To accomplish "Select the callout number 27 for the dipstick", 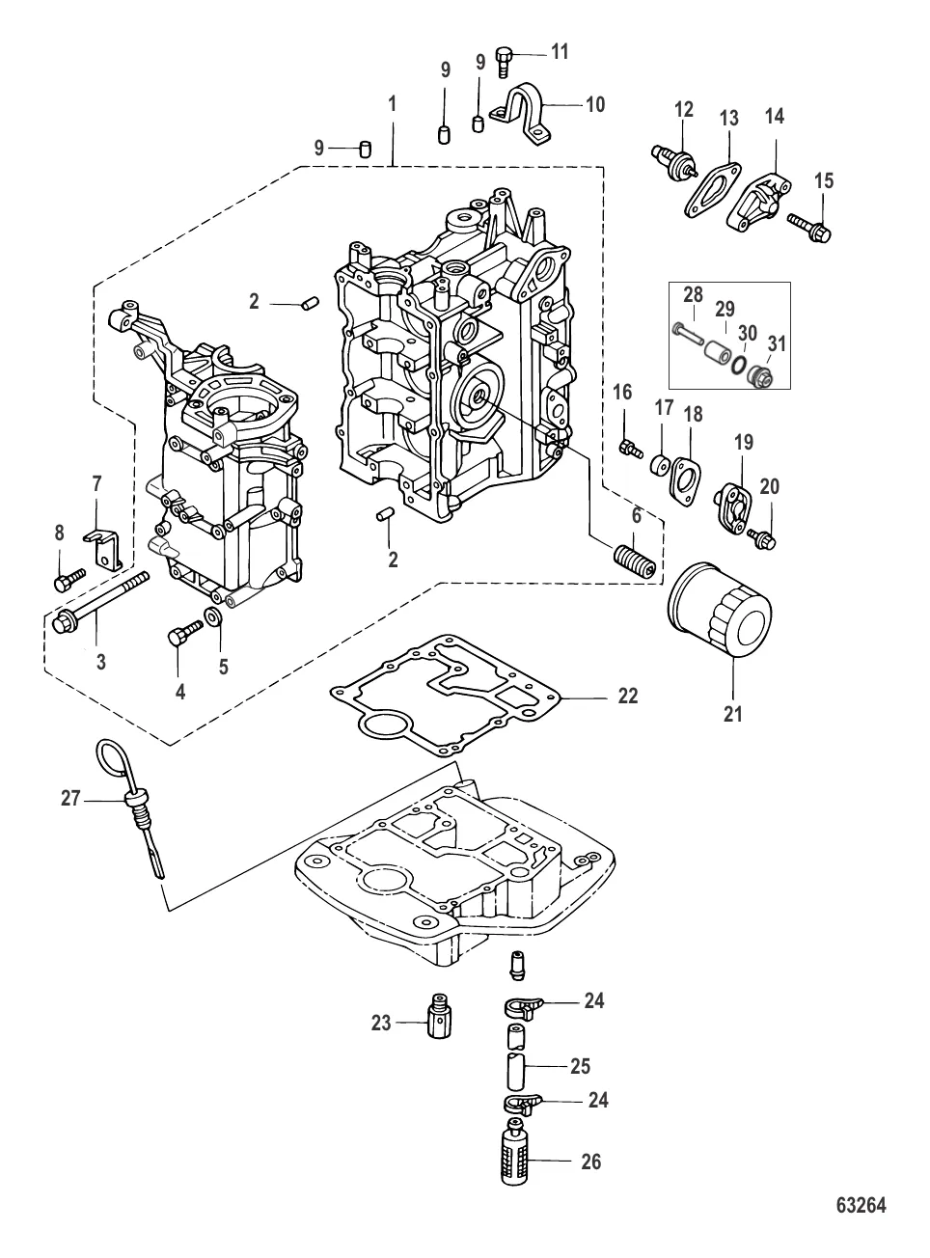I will click(x=70, y=798).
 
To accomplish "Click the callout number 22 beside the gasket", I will click(x=628, y=696).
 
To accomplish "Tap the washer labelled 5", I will click(x=214, y=616).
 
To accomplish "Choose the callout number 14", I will click(x=775, y=118).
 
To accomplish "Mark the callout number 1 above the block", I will click(x=393, y=102).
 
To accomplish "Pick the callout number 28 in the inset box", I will click(x=694, y=295).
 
